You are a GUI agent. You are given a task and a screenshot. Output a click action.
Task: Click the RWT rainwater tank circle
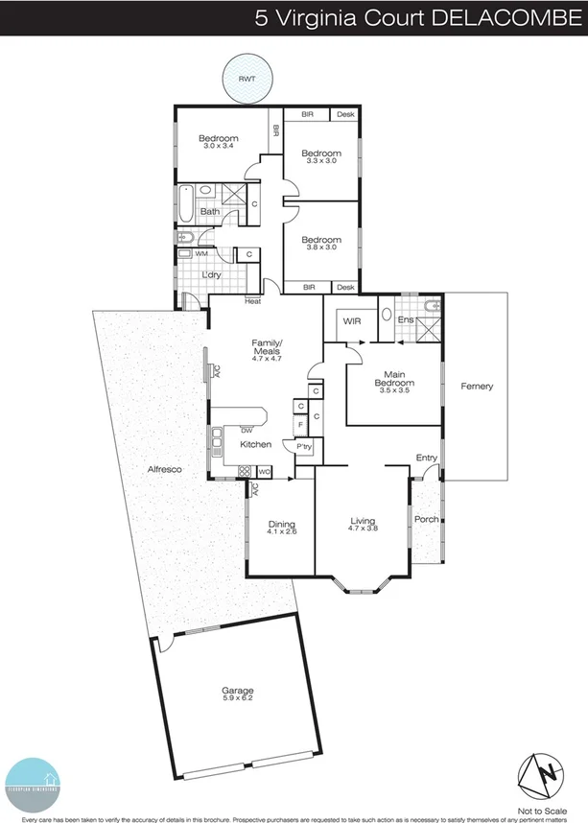point(247,79)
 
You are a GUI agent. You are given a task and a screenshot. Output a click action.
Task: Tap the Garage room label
point(238,690)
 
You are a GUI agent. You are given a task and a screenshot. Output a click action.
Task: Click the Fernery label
point(477,387)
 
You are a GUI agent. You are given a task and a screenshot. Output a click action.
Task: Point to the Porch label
point(426,519)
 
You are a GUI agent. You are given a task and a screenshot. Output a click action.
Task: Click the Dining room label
point(282,524)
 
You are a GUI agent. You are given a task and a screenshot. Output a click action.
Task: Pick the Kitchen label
point(256,444)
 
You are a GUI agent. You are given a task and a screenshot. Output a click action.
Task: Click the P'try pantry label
point(305,447)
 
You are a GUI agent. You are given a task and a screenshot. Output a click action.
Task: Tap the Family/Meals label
point(267,346)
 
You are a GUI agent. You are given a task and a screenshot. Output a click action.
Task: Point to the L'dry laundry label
point(212,276)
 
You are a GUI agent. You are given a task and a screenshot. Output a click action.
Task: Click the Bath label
point(210,211)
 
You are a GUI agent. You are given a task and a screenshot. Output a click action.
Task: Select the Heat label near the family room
point(253,301)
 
